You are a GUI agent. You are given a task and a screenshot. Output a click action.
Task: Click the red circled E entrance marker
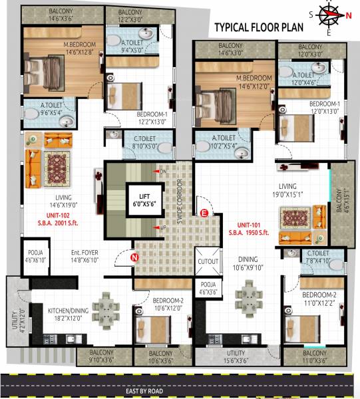205,213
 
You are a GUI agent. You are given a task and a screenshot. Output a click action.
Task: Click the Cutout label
208,261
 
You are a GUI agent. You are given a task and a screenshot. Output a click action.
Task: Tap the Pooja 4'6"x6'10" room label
35,255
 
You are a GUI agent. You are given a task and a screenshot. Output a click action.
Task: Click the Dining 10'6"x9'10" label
247,264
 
